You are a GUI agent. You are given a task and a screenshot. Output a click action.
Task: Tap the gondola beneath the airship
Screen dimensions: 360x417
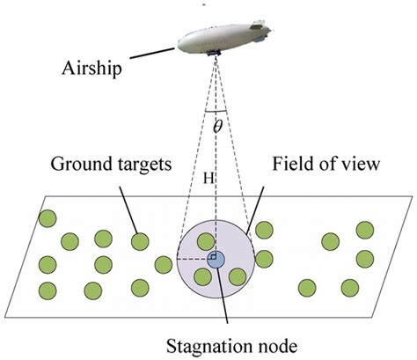(214, 55)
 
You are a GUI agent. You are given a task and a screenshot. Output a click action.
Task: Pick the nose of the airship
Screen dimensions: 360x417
(178, 40)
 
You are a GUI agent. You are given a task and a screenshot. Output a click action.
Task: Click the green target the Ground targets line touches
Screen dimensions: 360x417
(138, 240)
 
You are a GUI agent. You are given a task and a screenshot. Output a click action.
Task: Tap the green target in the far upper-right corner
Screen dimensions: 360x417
(363, 230)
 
